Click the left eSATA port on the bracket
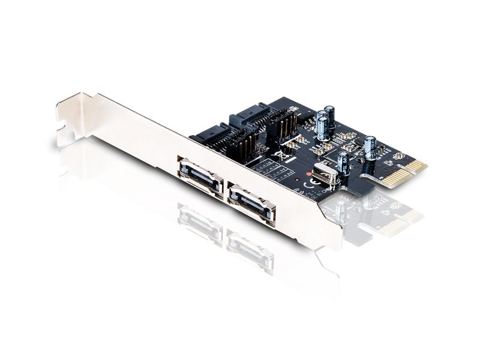pos(200,178)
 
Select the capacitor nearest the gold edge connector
pos(370,148)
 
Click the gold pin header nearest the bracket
pos(239,145)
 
